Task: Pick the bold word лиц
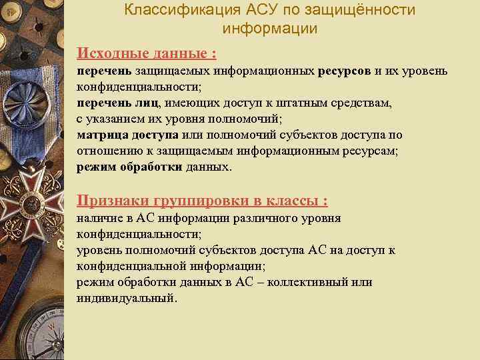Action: coord(147,103)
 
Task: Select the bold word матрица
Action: coord(99,135)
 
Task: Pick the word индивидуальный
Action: coord(127,298)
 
